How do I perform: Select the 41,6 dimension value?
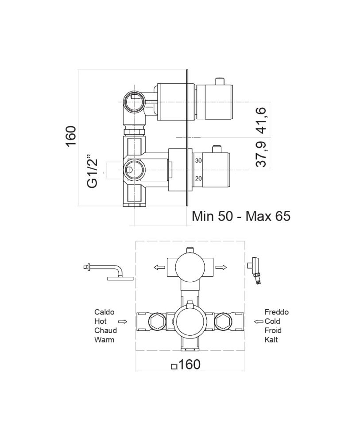(262, 120)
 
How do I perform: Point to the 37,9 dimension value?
(262, 154)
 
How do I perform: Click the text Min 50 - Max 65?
(241, 216)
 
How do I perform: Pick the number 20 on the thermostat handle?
(199, 179)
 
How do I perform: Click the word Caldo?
(104, 312)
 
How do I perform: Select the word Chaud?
(105, 330)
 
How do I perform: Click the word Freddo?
(276, 312)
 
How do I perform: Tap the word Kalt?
(271, 340)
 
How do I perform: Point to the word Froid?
(273, 330)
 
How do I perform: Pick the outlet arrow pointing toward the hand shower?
(221, 267)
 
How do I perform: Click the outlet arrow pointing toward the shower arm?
(157, 267)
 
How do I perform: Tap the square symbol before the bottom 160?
(174, 366)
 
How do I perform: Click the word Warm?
(104, 340)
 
